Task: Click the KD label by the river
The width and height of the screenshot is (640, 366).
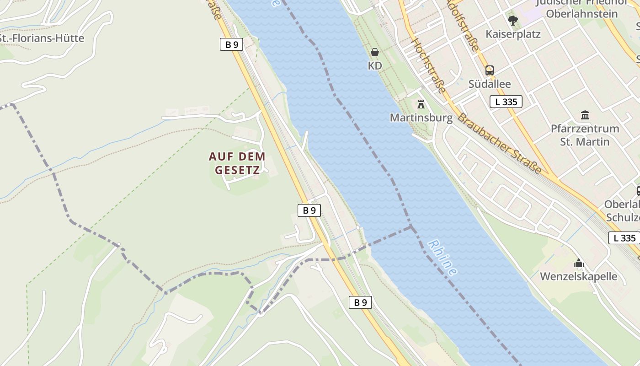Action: pos(375,66)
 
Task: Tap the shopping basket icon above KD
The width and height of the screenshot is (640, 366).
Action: pos(375,52)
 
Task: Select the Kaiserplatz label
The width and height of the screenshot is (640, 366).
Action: pos(513,34)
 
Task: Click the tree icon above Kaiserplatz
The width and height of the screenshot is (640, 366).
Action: pos(513,20)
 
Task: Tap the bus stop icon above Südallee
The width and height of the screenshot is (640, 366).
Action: pos(490,70)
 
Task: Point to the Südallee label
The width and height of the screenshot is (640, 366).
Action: pos(490,84)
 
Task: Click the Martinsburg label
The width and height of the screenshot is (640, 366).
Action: pos(421,118)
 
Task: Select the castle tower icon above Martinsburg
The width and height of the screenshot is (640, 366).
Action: pos(421,104)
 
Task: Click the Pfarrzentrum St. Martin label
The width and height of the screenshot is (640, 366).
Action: pos(585,135)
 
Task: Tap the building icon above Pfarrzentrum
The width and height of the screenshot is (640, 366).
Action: pos(585,115)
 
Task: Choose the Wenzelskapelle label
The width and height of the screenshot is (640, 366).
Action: pos(578,276)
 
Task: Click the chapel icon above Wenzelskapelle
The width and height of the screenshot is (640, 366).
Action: pos(579,263)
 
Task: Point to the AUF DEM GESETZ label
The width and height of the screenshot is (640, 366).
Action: pos(237,163)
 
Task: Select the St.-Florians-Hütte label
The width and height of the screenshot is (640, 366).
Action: pos(42,38)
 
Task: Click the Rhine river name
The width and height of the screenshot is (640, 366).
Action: pos(443,258)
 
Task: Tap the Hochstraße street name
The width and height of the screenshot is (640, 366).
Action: pos(428,65)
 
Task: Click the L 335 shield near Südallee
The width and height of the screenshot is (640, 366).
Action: pos(506,102)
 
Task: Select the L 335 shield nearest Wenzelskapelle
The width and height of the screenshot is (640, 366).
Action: pos(624,238)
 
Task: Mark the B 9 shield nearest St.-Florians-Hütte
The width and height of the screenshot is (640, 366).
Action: pos(231,44)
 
